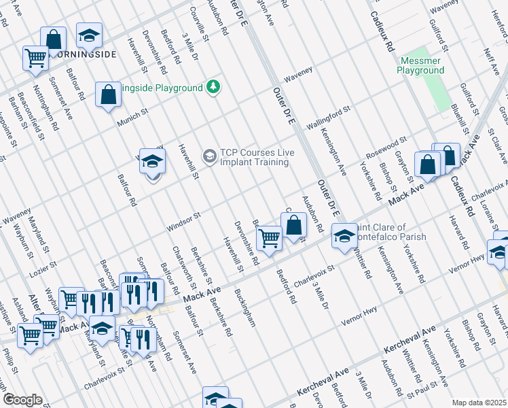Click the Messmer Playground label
[420, 66]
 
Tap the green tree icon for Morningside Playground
[213, 87]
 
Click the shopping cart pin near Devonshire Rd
[270, 239]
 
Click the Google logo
[22, 399]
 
